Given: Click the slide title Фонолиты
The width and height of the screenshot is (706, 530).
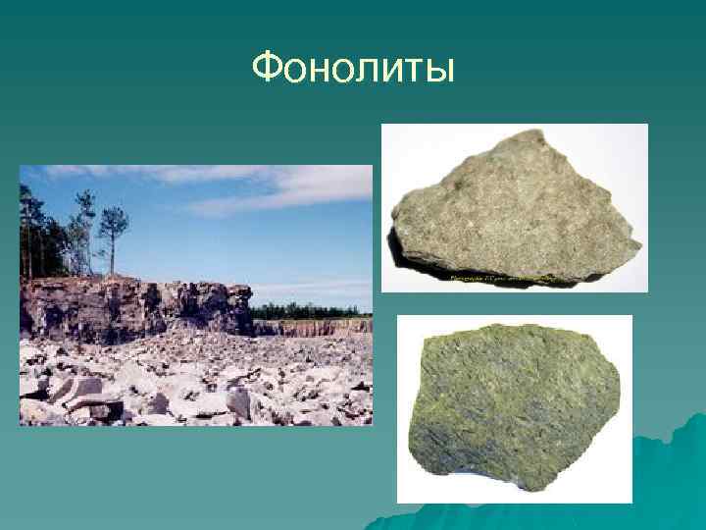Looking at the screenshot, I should coord(353,68).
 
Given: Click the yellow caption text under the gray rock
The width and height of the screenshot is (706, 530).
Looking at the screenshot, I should coord(510,278).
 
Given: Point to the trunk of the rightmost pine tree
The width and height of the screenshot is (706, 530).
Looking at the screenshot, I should coord(111,257).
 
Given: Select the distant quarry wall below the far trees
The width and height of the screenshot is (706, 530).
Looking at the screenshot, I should coord(314,327).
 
